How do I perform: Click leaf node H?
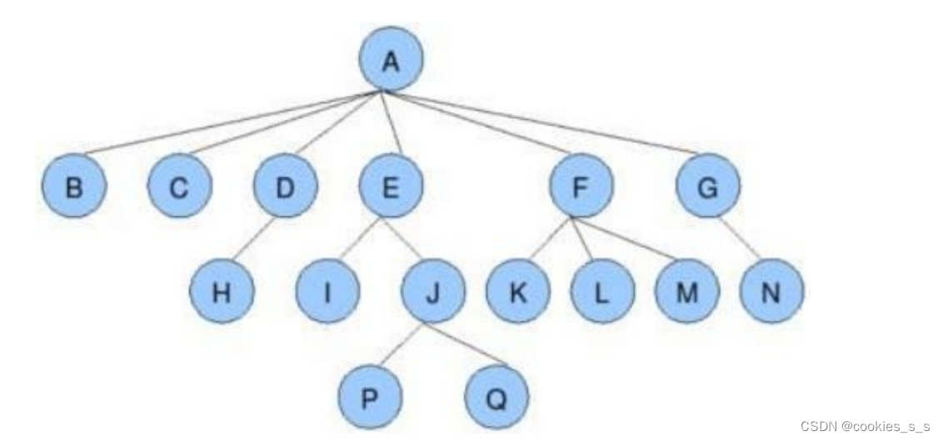(x=222, y=294)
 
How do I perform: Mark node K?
(x=518, y=294)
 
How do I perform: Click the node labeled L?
(x=602, y=294)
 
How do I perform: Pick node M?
(x=686, y=294)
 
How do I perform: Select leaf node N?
(x=771, y=294)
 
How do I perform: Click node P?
(x=371, y=397)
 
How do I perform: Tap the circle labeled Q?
(x=496, y=397)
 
